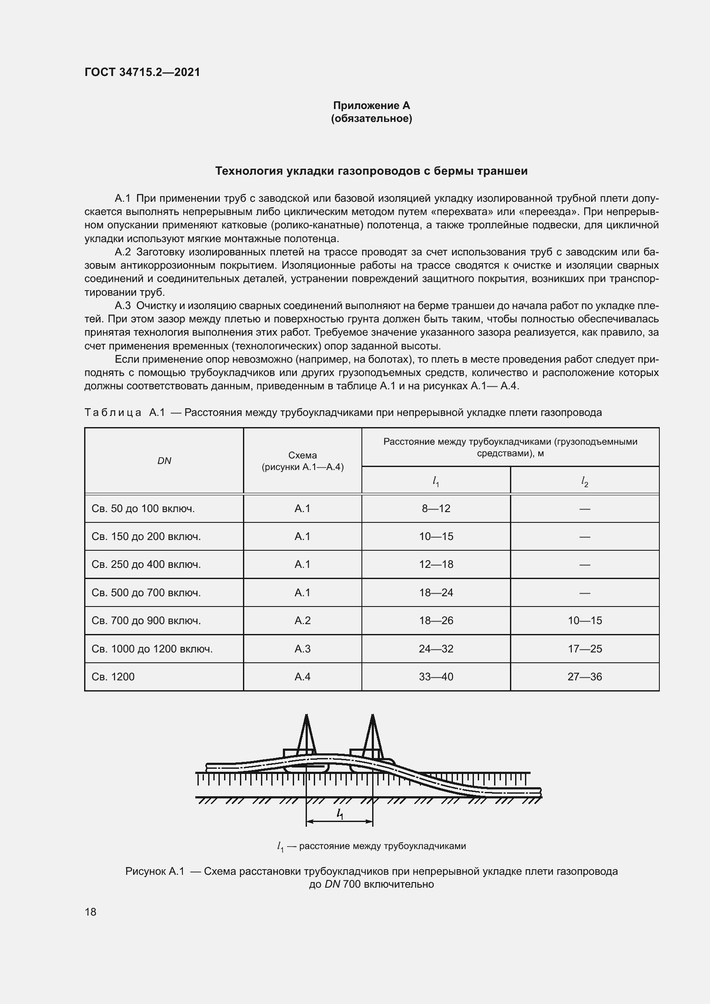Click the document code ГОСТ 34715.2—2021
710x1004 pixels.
(x=142, y=72)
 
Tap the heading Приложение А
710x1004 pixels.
(x=371, y=106)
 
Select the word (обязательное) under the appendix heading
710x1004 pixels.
(x=371, y=118)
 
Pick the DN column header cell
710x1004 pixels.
(x=164, y=461)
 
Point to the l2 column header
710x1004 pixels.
(x=585, y=481)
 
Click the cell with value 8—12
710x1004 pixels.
(x=436, y=508)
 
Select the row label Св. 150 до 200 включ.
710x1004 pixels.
(x=146, y=536)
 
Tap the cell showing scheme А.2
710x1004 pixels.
(x=302, y=620)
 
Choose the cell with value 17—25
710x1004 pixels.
(x=585, y=649)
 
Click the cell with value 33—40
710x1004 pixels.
(x=436, y=676)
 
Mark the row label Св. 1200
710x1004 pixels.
(x=113, y=676)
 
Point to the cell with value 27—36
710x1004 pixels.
(x=585, y=676)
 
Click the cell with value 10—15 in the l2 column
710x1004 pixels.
(x=585, y=620)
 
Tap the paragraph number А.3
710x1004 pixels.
(x=122, y=306)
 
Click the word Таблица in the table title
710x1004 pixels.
(x=113, y=413)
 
